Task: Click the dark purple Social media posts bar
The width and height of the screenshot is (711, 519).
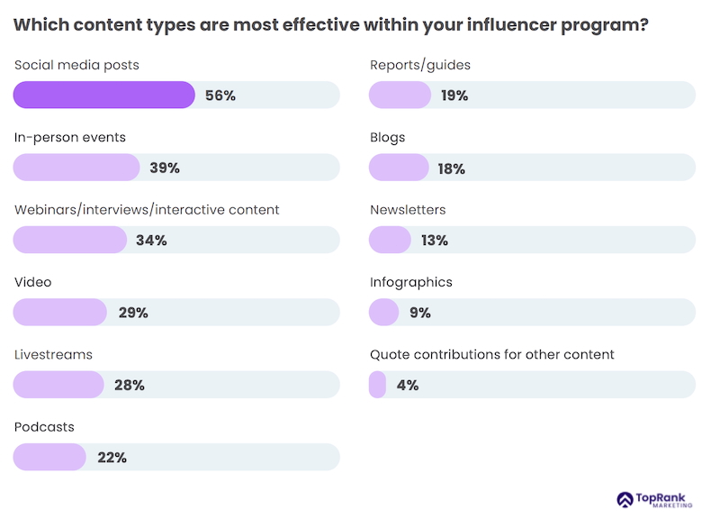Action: [103, 95]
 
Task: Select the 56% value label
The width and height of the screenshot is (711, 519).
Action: [220, 96]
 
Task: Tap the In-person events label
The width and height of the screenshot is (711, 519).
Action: [70, 138]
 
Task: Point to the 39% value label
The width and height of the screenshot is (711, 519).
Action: [165, 168]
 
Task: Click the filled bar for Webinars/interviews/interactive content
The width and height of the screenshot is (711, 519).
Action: [70, 240]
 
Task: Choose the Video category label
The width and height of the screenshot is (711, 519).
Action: [33, 282]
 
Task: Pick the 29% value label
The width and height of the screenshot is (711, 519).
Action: [133, 313]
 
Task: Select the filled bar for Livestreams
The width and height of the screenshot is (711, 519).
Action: [58, 385]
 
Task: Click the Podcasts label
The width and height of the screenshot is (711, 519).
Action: [44, 426]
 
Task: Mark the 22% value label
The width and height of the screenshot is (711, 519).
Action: [112, 458]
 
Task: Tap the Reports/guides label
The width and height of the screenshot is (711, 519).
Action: [420, 65]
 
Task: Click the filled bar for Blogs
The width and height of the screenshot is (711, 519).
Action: [399, 168]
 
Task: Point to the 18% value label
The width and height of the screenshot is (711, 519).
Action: [451, 168]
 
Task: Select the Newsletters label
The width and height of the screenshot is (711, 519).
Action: [408, 210]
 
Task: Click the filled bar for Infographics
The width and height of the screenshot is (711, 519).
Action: [384, 312]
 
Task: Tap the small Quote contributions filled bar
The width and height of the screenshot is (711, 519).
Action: [378, 385]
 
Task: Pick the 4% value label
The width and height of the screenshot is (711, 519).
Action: [408, 385]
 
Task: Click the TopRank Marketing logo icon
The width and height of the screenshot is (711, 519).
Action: [625, 499]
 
